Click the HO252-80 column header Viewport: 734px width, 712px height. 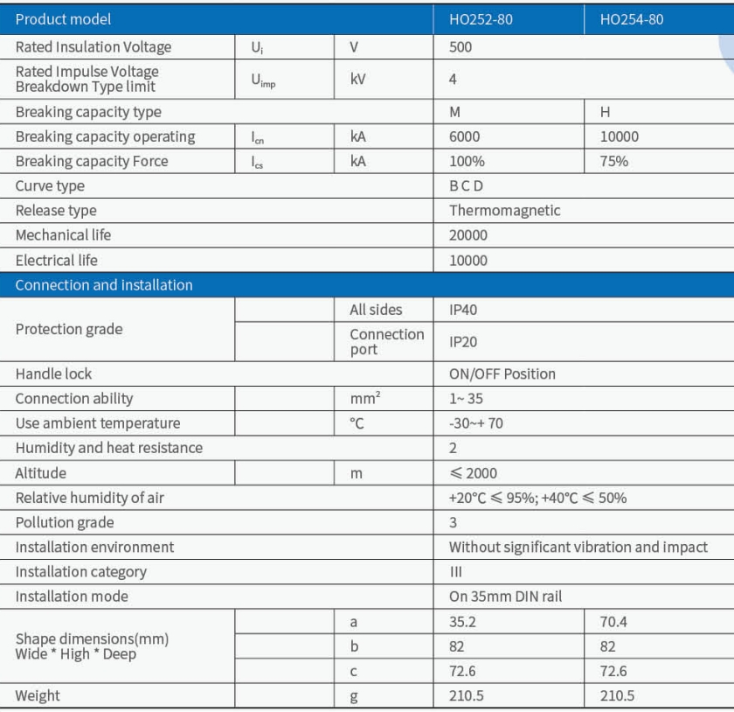pyautogui.click(x=481, y=19)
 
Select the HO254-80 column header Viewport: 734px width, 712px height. pyautogui.click(x=631, y=19)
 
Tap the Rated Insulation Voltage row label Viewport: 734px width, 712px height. pyautogui.click(x=93, y=47)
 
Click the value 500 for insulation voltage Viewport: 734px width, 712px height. pyautogui.click(x=460, y=47)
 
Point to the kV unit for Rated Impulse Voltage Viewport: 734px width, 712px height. pyautogui.click(x=357, y=79)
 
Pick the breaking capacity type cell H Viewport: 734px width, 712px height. pyautogui.click(x=605, y=112)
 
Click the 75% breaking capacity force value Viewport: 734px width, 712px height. pyautogui.click(x=613, y=161)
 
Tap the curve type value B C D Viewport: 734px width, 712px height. pyautogui.click(x=466, y=185)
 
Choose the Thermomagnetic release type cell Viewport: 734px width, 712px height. pyautogui.click(x=504, y=210)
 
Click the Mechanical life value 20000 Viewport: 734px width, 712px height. pyautogui.click(x=468, y=234)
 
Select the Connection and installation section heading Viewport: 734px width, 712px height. pyautogui.click(x=104, y=285)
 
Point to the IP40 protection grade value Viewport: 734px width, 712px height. pyautogui.click(x=463, y=310)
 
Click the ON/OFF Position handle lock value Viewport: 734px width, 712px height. pyautogui.click(x=502, y=373)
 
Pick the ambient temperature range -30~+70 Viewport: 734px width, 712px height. pyautogui.click(x=475, y=422)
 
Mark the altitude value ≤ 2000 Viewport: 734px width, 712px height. pyautogui.click(x=473, y=473)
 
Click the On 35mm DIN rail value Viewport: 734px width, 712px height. pyautogui.click(x=505, y=597)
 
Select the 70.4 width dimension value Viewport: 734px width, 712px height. pyautogui.click(x=613, y=622)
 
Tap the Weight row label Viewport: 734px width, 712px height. pyautogui.click(x=38, y=695)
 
